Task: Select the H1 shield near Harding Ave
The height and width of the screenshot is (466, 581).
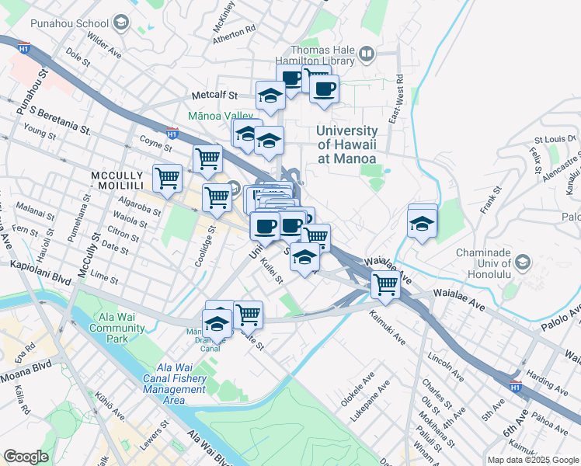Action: (x=515, y=384)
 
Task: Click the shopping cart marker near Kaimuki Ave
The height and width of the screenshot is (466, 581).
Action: (x=385, y=284)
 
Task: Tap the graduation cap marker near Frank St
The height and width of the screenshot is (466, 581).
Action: (x=422, y=223)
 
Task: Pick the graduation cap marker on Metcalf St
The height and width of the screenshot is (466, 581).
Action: (x=270, y=96)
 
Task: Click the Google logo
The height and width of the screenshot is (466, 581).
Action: (x=26, y=457)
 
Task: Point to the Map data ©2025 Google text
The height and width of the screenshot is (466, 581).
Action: (x=532, y=459)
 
